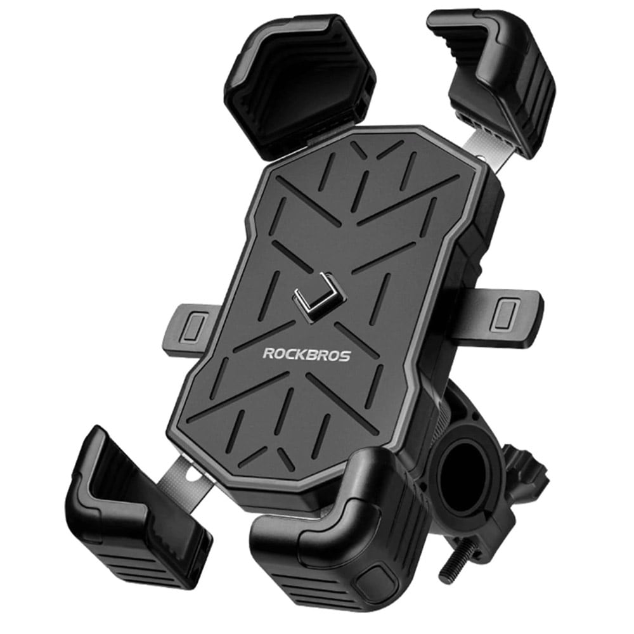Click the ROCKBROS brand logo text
[306, 354]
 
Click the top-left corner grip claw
[299, 84]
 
